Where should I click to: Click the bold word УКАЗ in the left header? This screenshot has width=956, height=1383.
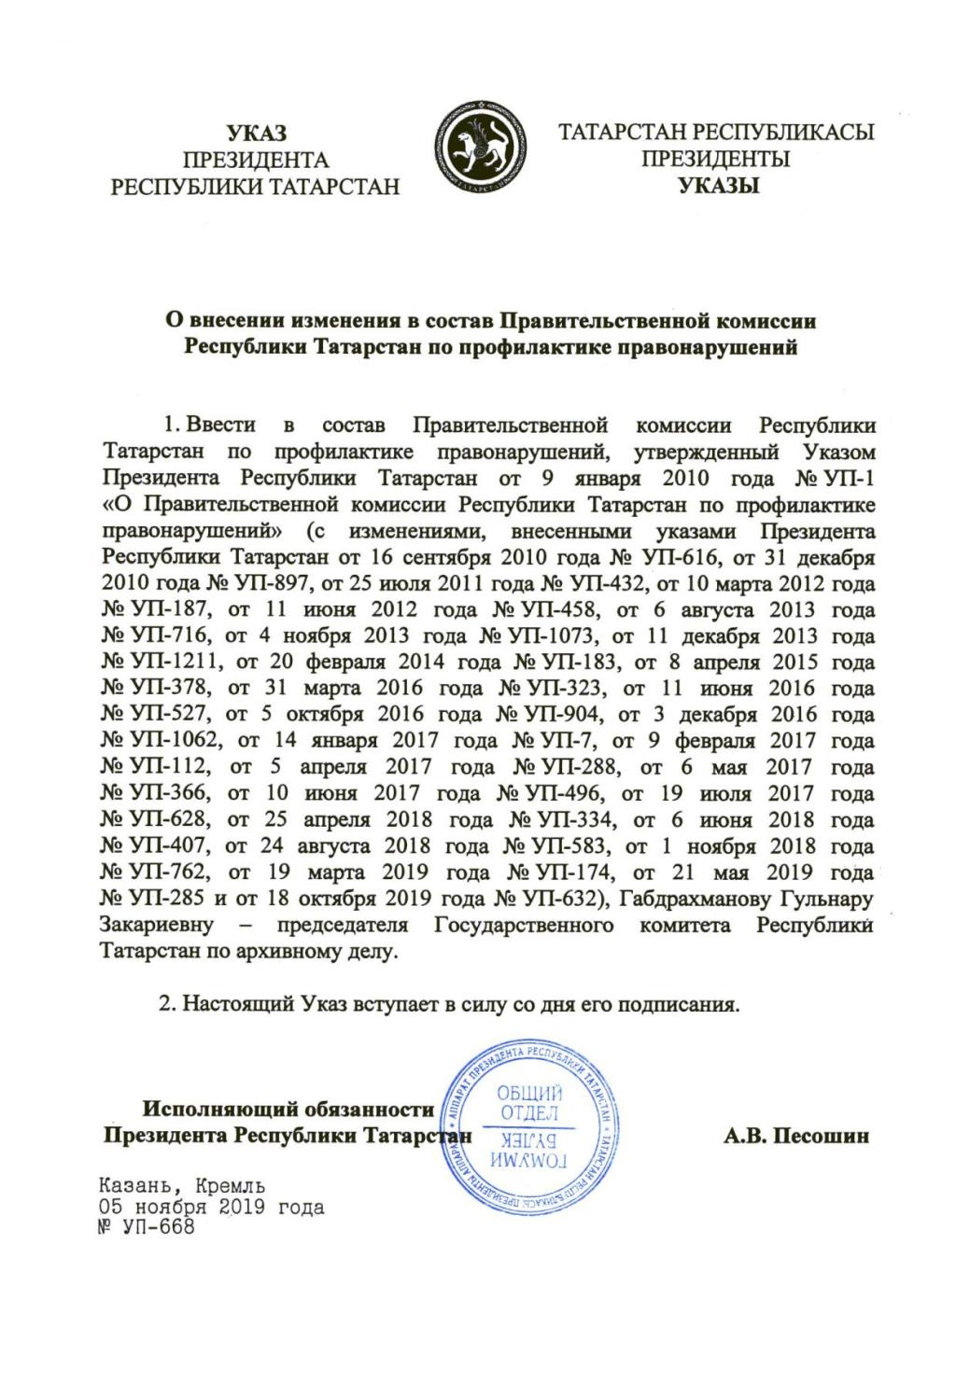(256, 133)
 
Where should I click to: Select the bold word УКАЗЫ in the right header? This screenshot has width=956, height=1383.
(717, 185)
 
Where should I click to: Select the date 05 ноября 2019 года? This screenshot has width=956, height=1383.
(212, 1208)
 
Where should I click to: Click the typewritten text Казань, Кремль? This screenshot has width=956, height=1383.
(183, 1187)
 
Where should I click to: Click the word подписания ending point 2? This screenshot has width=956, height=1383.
(682, 1006)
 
